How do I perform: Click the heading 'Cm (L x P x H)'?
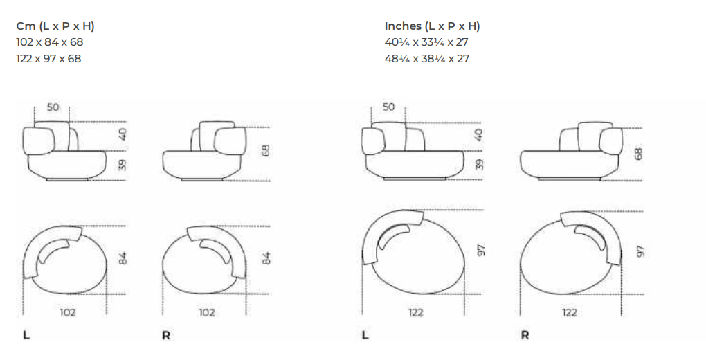(55, 26)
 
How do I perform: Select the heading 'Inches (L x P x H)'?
(432, 26)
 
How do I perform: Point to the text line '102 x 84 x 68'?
(50, 42)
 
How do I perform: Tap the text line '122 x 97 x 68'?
(48, 59)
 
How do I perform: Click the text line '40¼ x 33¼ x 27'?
(426, 42)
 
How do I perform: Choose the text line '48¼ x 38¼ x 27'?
(427, 59)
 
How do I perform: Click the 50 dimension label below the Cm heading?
(53, 107)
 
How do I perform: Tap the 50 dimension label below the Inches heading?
(388, 107)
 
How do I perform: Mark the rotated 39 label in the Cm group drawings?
(122, 165)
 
